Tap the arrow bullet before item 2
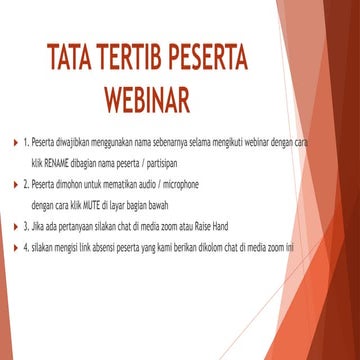(12, 187)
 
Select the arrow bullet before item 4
(12, 247)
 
